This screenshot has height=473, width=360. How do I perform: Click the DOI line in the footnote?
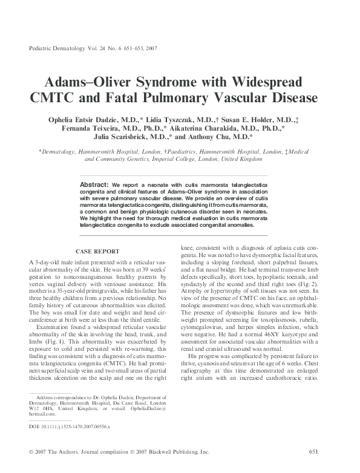pyautogui.click(x=70, y=426)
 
